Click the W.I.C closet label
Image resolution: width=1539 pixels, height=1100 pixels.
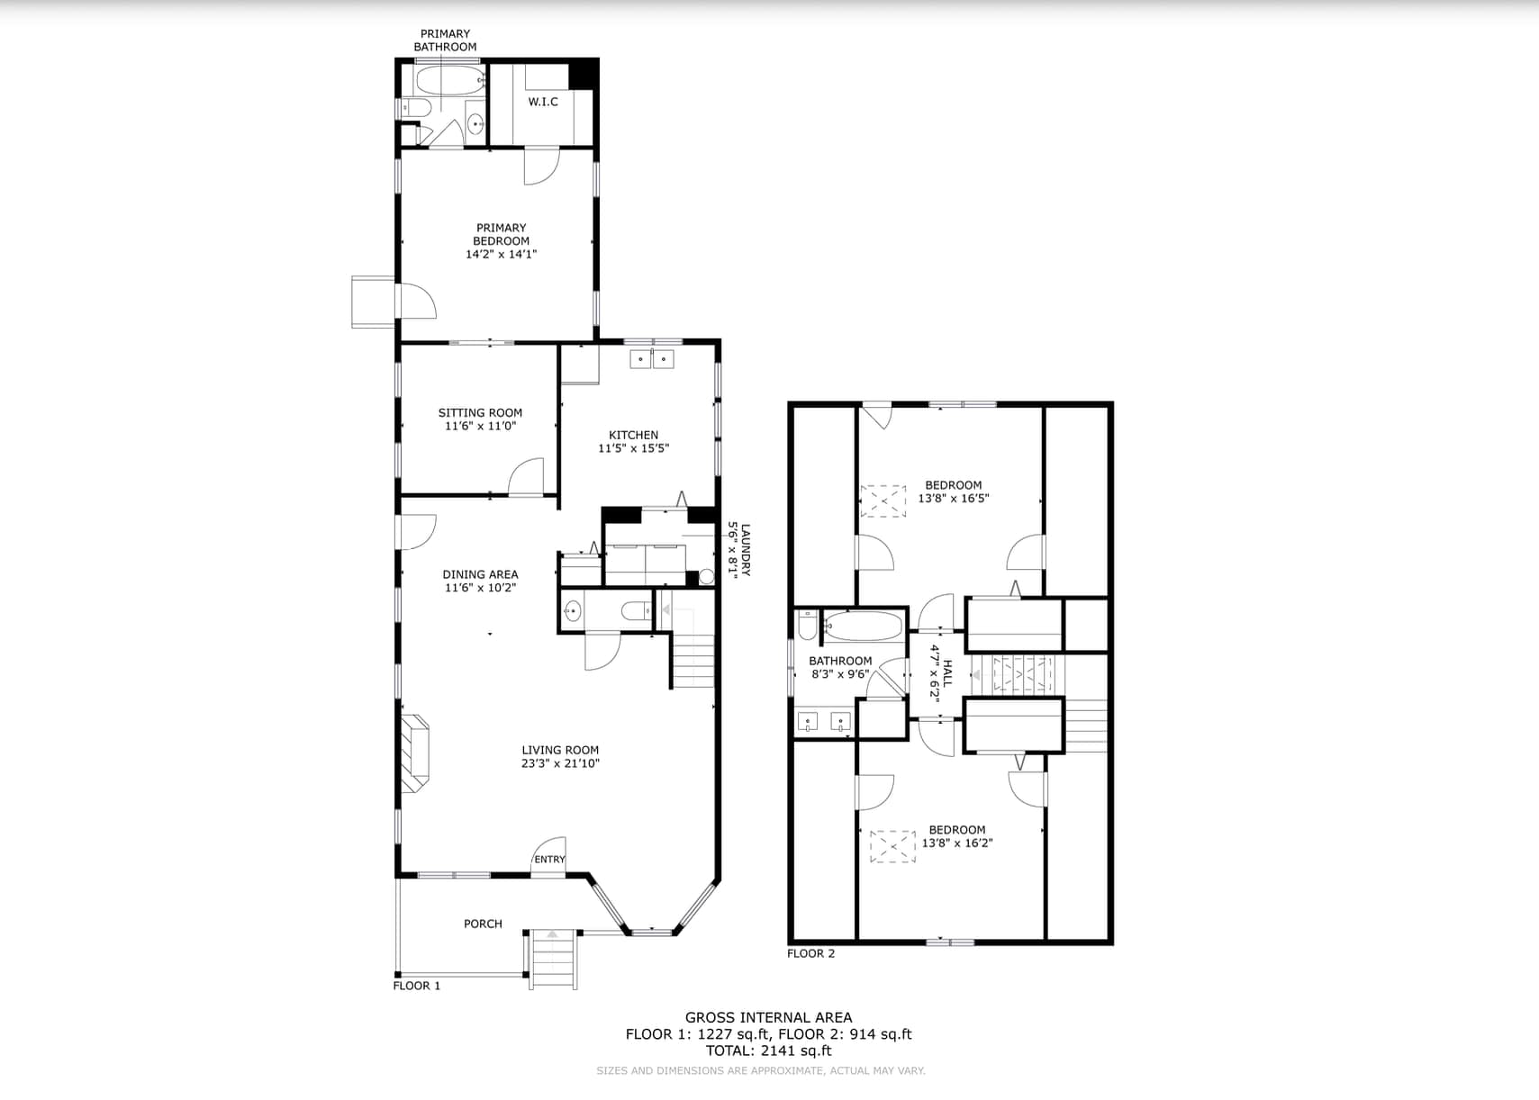coord(543,102)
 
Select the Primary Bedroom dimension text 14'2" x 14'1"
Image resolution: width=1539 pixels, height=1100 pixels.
coord(501,254)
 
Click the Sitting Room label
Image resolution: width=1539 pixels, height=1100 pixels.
coord(480,412)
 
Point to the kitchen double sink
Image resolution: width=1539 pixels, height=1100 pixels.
coord(652,359)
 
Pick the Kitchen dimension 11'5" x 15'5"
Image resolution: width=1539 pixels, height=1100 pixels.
coord(633,448)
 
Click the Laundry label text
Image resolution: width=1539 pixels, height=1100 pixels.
coord(746,549)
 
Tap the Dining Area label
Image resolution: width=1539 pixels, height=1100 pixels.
coord(480,574)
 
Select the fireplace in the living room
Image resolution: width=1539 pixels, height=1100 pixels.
coord(415,753)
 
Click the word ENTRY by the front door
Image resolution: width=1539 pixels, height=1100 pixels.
coord(549,859)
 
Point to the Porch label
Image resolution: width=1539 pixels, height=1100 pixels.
coord(483,924)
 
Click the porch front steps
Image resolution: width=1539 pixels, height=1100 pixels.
coord(552,960)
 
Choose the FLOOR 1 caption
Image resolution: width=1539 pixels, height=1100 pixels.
coord(416,986)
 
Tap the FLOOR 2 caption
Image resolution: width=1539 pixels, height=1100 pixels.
coord(810,953)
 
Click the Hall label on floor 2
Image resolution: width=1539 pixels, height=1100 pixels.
coord(947,673)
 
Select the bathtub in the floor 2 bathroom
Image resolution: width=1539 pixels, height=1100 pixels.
coord(863,627)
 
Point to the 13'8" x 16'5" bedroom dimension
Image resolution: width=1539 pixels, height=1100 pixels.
coord(954,499)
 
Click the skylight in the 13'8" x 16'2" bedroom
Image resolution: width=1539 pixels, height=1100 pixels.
coord(893,846)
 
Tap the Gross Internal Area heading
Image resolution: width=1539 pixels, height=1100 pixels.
coord(769,1017)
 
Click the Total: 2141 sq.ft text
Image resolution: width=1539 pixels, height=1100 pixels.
coord(769,1050)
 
